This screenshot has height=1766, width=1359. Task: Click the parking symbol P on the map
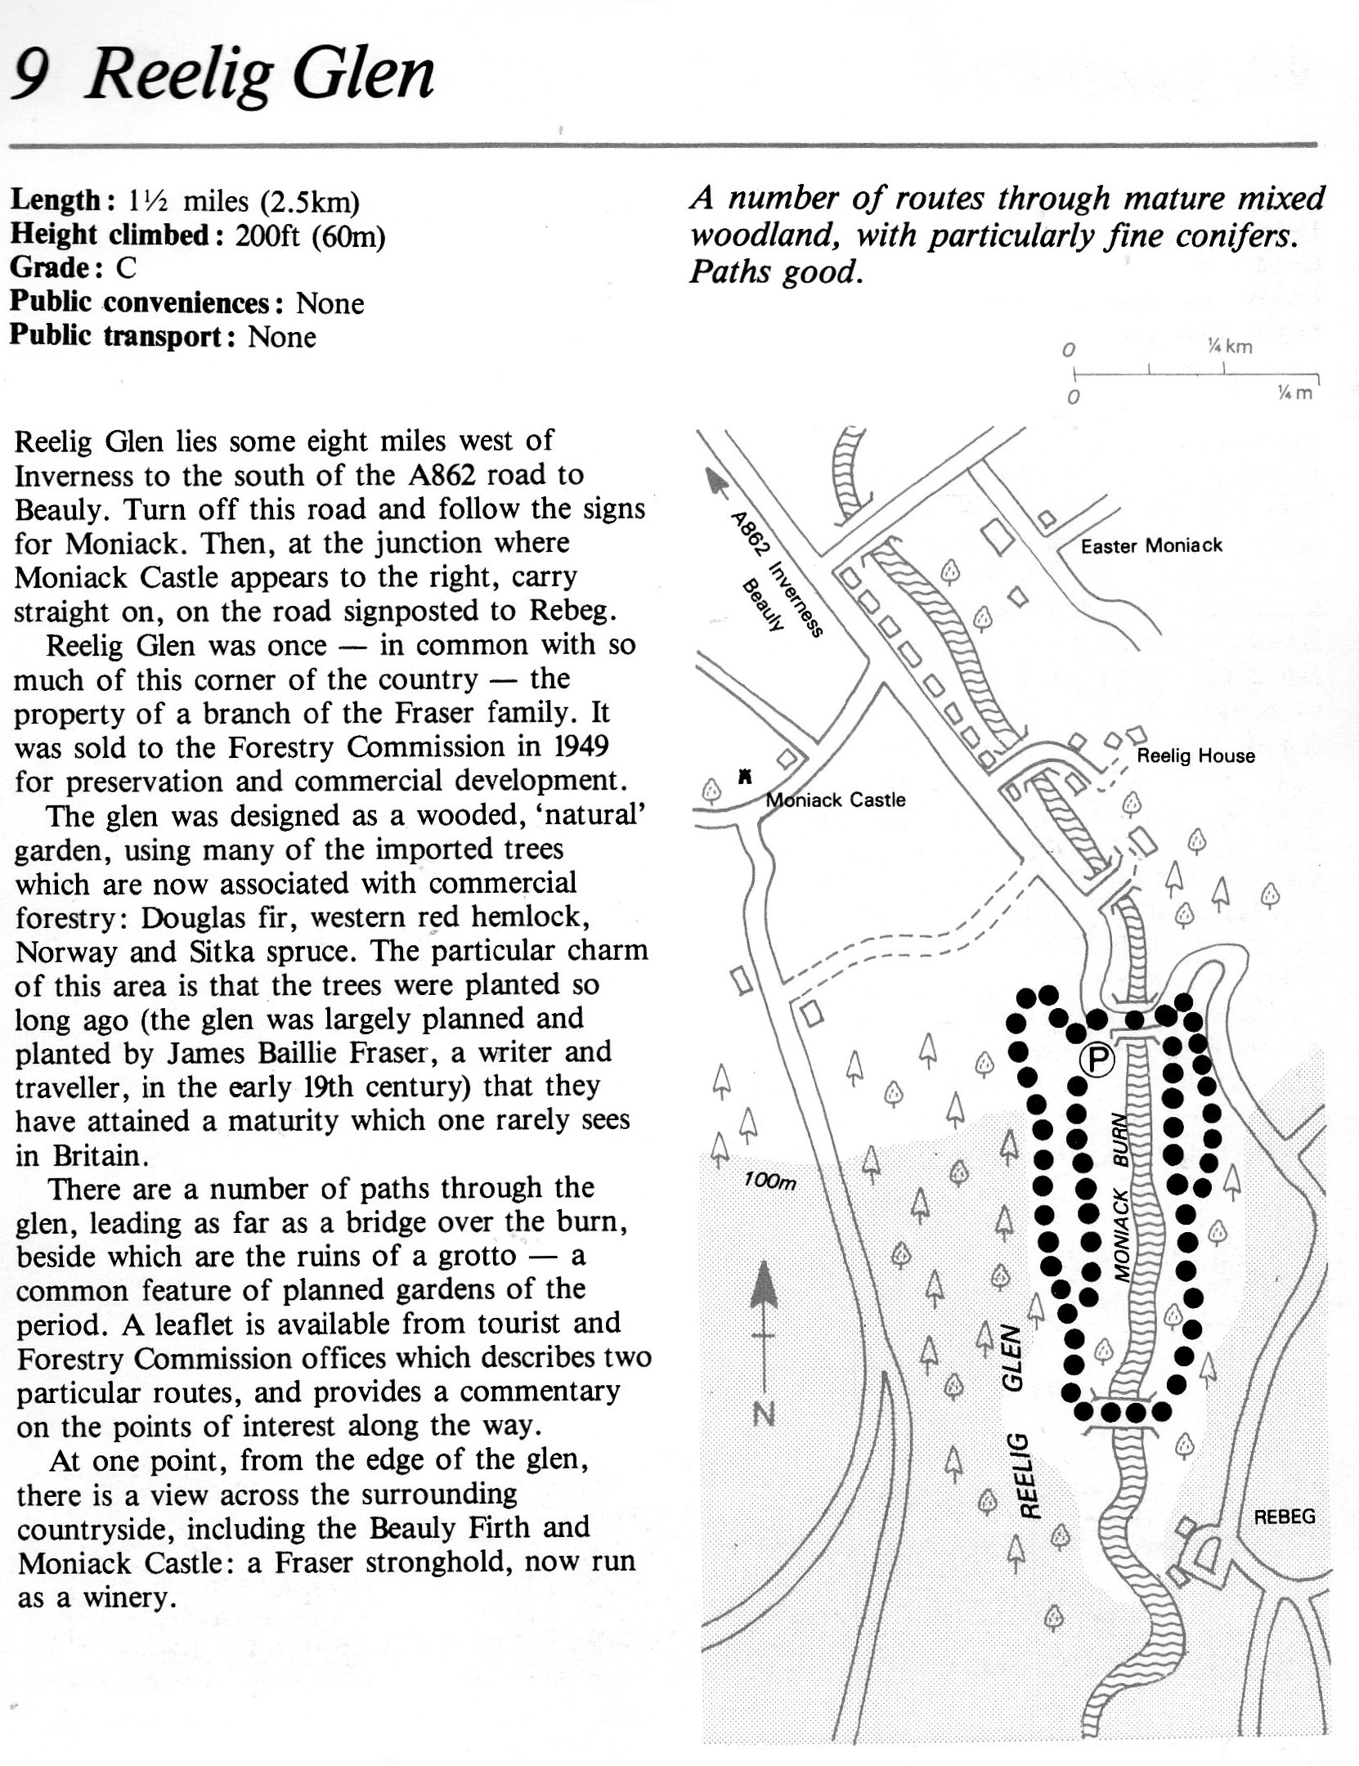(x=1096, y=1060)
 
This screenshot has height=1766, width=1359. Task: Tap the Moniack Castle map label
(x=835, y=800)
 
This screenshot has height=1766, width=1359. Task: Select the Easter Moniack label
(x=1151, y=545)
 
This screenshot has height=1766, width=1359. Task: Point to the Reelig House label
(x=1195, y=755)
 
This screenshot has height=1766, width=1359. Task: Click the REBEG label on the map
(x=1285, y=1517)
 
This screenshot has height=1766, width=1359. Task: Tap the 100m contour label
(x=769, y=1181)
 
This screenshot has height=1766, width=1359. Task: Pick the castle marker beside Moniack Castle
(x=745, y=776)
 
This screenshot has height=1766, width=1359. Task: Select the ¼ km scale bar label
(x=1229, y=346)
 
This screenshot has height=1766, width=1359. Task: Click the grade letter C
(x=126, y=267)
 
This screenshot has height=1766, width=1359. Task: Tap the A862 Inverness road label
(x=777, y=573)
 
